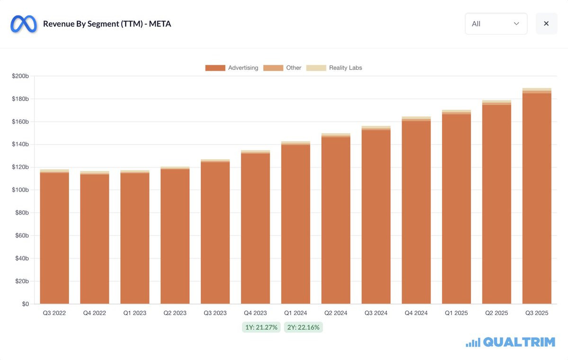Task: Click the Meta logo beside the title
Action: (24, 24)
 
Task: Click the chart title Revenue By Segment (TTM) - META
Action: (107, 24)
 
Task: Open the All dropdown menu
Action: (496, 24)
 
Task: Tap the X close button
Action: (546, 24)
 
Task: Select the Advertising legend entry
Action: (232, 68)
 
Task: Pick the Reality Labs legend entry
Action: (335, 68)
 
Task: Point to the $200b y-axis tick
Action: (20, 76)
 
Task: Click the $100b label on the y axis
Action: (20, 190)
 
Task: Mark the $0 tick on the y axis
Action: (25, 304)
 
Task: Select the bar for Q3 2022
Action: (54, 237)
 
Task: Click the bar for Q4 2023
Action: (256, 227)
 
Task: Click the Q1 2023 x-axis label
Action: (135, 313)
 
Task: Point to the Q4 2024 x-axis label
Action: (417, 313)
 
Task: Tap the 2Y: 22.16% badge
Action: (303, 327)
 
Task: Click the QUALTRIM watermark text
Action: (519, 342)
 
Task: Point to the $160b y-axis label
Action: (20, 122)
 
